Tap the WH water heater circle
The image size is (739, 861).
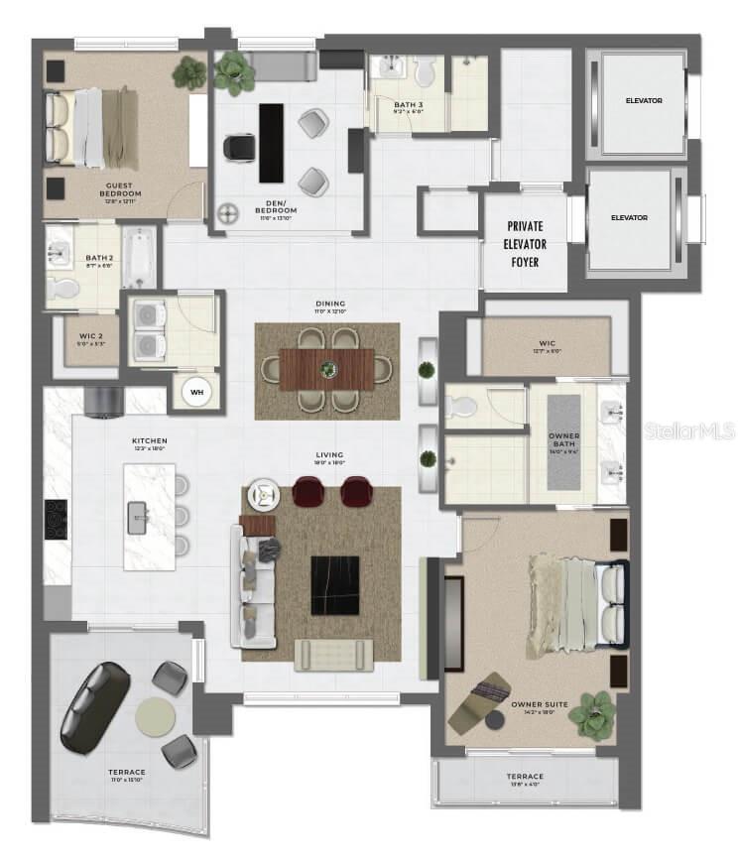[x=195, y=392]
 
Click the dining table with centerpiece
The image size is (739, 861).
[x=327, y=370]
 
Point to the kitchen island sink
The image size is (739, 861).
[x=139, y=516]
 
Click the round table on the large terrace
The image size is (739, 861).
[x=155, y=715]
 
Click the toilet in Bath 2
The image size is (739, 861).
[x=64, y=289]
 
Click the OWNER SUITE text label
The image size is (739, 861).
[x=540, y=704]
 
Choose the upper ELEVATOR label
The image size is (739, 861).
[x=643, y=101]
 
